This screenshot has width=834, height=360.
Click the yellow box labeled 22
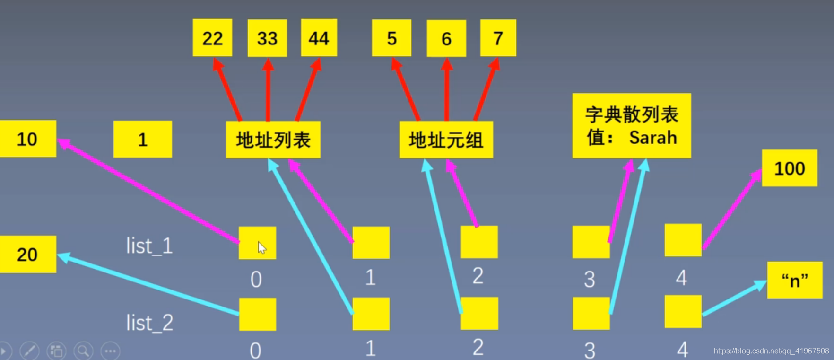(212, 38)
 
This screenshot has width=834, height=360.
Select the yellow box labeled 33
(267, 38)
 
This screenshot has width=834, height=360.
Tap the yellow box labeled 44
(319, 38)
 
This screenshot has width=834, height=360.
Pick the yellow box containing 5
(391, 38)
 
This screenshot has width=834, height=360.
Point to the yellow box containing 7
(498, 38)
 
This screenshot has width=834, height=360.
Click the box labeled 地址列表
(273, 140)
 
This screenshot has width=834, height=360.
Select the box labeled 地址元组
(446, 140)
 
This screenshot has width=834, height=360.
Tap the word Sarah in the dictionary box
(653, 138)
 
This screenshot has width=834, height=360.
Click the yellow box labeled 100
(789, 168)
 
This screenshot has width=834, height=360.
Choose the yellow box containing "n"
(794, 280)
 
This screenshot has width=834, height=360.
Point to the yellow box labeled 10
(27, 139)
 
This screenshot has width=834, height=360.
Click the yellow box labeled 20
(27, 254)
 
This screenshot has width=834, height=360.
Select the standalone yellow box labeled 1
(142, 139)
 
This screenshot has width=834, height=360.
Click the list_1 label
(149, 246)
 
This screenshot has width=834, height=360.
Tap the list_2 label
(149, 323)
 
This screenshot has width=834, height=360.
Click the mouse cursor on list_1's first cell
(261, 247)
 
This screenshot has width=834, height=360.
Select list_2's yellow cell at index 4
(683, 311)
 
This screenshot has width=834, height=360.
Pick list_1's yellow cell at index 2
(479, 242)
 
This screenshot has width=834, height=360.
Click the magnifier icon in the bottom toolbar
(83, 351)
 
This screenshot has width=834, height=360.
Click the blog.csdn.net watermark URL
(771, 351)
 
